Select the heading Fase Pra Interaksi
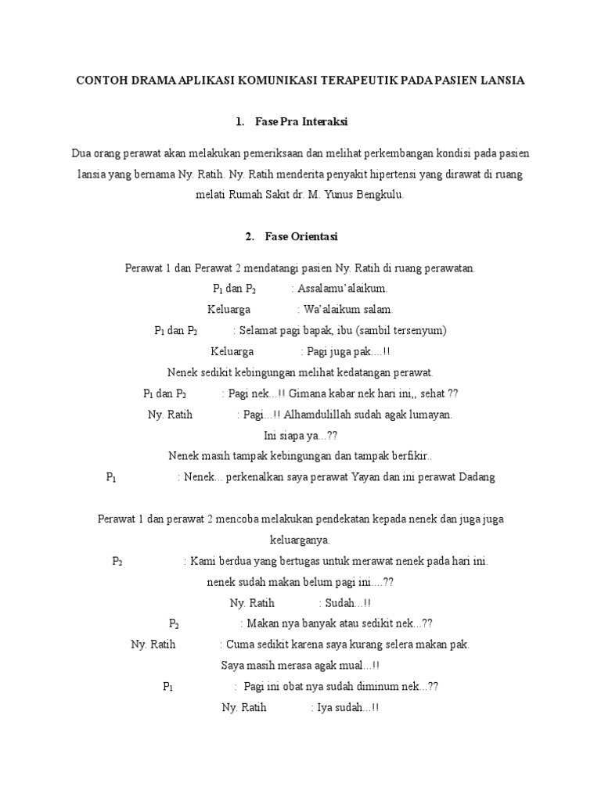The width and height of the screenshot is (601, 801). click(x=301, y=123)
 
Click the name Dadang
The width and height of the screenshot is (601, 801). click(x=476, y=477)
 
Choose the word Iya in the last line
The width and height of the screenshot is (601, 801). click(x=323, y=708)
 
